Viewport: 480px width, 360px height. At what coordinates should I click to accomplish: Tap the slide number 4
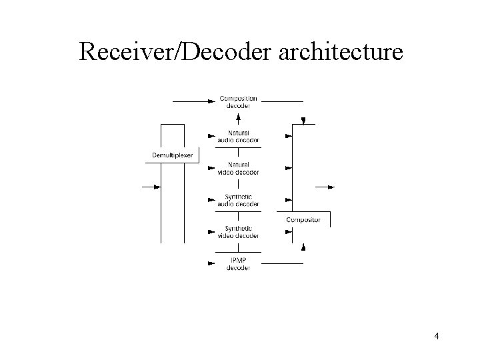pos(436,336)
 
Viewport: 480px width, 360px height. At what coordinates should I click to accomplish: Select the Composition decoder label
pos(238,102)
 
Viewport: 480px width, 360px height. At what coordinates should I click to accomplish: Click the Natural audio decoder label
pos(238,136)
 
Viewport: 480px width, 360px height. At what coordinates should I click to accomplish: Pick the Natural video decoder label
pos(238,168)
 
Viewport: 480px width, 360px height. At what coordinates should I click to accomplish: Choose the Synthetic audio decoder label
pos(238,200)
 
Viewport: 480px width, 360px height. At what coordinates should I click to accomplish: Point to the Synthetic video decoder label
pos(238,232)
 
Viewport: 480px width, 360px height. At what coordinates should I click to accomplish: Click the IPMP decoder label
pos(238,264)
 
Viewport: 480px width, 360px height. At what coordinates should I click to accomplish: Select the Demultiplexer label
pos(172,155)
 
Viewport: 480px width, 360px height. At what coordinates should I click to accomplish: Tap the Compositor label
pos(303,220)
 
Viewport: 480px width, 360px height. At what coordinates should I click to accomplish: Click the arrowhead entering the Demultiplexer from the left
pos(157,187)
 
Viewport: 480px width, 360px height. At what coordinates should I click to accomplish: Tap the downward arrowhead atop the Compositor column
pos(303,121)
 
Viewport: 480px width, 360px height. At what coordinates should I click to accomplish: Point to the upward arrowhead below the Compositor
pos(303,248)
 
